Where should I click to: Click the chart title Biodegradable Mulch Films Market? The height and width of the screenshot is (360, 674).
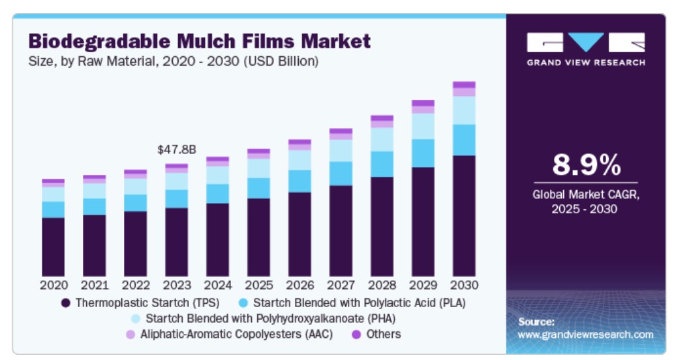click(199, 42)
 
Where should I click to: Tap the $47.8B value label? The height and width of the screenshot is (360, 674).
click(176, 149)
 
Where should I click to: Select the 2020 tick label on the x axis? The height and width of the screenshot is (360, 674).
click(54, 285)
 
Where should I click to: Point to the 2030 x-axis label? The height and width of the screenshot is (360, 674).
click(464, 285)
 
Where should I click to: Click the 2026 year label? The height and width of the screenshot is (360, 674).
click(299, 285)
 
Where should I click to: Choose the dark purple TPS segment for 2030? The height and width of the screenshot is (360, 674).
click(464, 215)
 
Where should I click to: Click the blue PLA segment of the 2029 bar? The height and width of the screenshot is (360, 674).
click(423, 153)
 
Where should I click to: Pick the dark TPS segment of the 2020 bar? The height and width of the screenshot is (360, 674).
click(54, 247)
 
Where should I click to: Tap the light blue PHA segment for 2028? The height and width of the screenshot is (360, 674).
click(382, 140)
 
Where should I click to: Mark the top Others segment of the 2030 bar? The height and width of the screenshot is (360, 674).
click(464, 85)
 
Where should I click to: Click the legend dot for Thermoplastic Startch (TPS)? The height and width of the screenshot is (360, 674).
click(65, 303)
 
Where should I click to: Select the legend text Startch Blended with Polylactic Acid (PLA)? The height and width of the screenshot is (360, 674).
click(359, 303)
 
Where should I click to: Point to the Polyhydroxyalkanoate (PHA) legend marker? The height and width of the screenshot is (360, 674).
click(136, 318)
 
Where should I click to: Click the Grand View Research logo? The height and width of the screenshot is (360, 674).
click(586, 49)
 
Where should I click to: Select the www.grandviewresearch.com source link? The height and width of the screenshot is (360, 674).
click(585, 334)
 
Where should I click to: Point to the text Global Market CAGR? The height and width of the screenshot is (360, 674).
click(585, 194)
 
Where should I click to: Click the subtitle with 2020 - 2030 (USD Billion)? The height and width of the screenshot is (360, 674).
click(173, 61)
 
